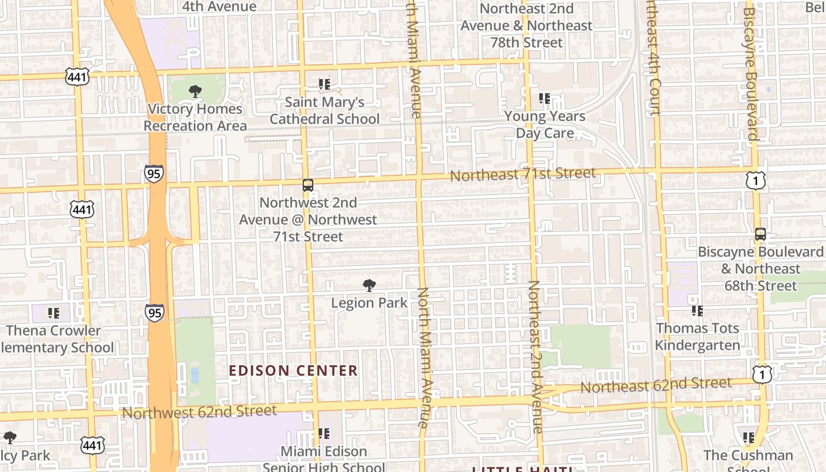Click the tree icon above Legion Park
pos(369,286)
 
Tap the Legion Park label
pos(369,303)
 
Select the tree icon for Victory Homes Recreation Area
pos(195,91)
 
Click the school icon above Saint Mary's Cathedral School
pos(324,84)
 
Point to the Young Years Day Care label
pos(545,124)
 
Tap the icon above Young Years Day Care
pos(544,99)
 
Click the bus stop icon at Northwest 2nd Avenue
pos(308,185)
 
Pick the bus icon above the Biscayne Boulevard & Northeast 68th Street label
pos(761,234)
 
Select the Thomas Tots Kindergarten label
pos(697,336)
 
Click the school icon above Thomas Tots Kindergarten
pos(697,310)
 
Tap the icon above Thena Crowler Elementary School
pos(54,313)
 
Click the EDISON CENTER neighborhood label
pos(293,371)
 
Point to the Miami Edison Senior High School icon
pos(323,434)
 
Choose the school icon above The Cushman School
pos(748,438)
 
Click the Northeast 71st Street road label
pos(523,174)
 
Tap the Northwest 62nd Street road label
pos(199,411)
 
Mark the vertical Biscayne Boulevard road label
pos(750,74)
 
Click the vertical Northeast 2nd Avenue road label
pos(535,356)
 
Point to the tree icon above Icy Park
pos(9,438)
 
